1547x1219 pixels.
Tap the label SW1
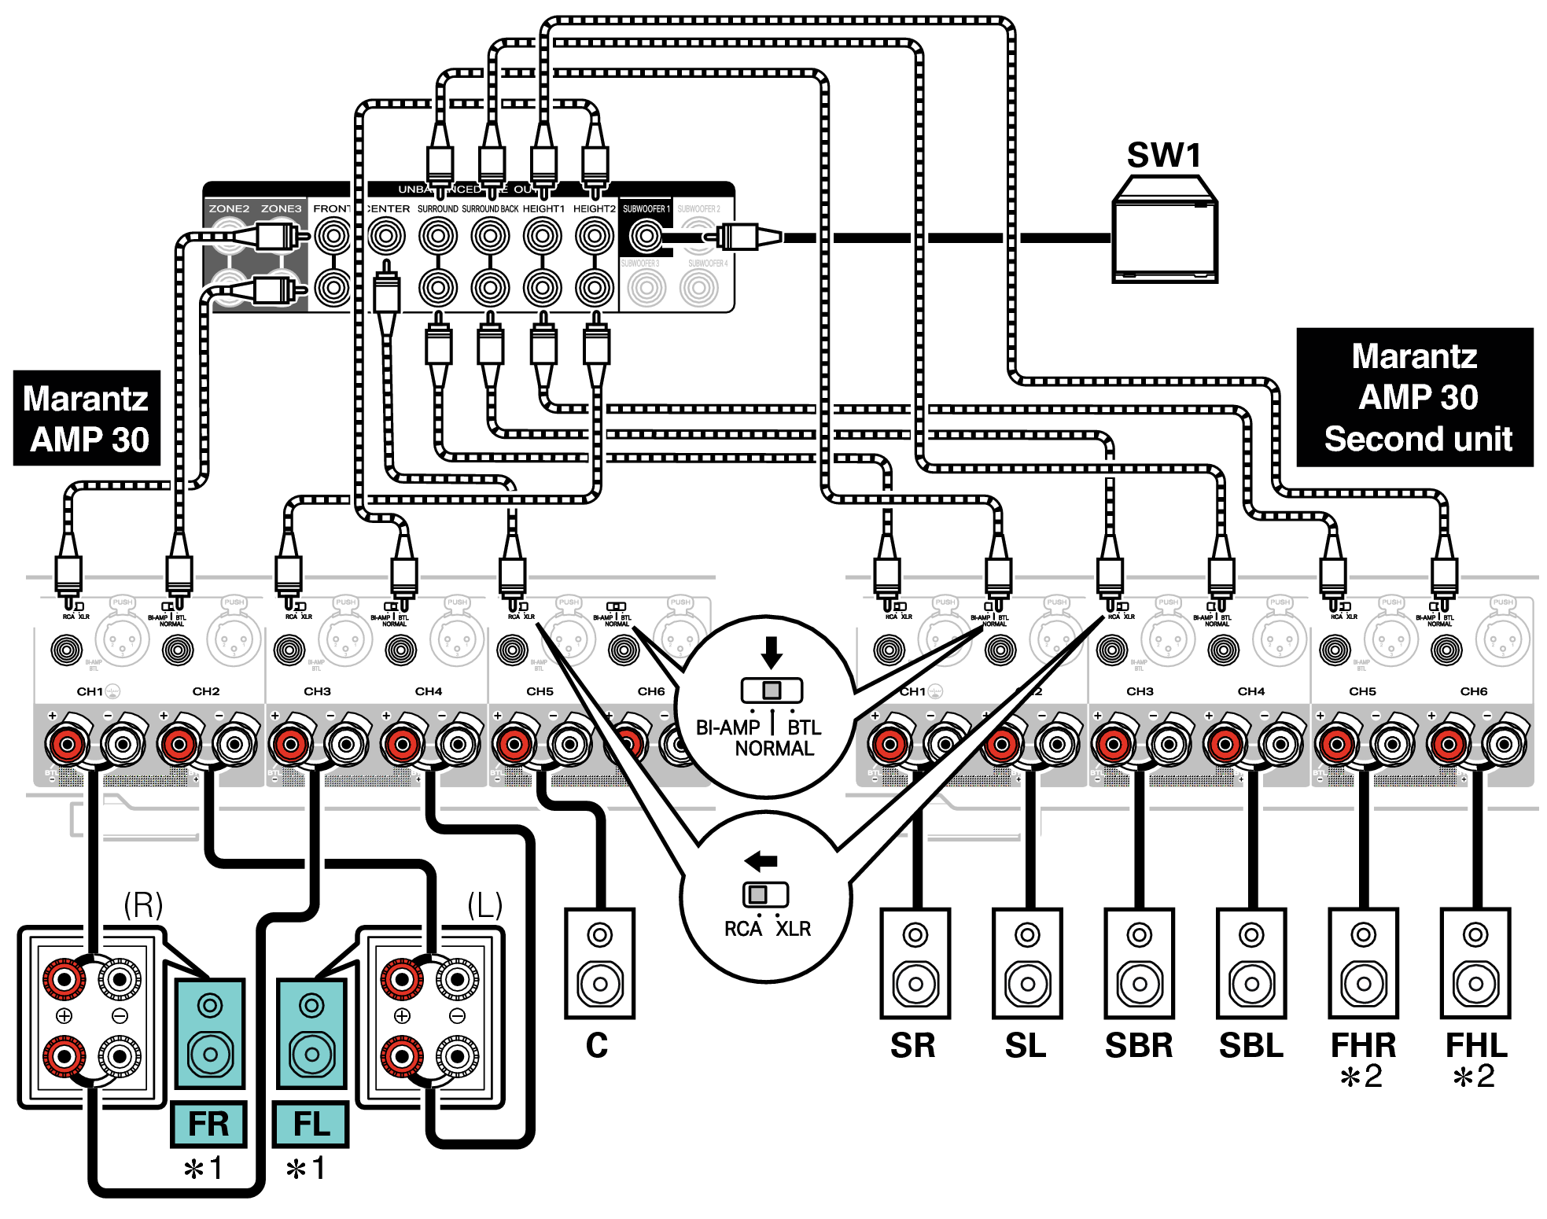click(x=1164, y=155)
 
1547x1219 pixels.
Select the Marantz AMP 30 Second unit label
click(x=1414, y=397)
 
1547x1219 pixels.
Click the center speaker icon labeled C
click(x=599, y=963)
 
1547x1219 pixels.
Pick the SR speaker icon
click(x=915, y=963)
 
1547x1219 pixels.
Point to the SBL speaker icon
click(x=1250, y=963)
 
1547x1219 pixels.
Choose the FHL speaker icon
click(x=1475, y=963)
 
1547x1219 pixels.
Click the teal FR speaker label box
click(x=208, y=1124)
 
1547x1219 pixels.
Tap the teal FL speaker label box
click(x=311, y=1124)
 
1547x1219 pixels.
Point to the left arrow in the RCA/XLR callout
click(x=761, y=860)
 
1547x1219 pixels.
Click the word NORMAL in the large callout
click(x=774, y=749)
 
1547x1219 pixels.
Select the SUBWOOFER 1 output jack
click(x=646, y=235)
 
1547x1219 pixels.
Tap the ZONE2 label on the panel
click(x=229, y=208)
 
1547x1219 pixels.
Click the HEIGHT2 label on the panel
click(x=594, y=208)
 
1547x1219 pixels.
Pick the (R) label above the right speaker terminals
click(x=143, y=904)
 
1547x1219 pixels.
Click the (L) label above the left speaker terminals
click(x=484, y=904)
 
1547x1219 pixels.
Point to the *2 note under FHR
click(x=1362, y=1077)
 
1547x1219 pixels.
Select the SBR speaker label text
click(x=1138, y=1045)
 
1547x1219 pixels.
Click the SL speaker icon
click(x=1026, y=963)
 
